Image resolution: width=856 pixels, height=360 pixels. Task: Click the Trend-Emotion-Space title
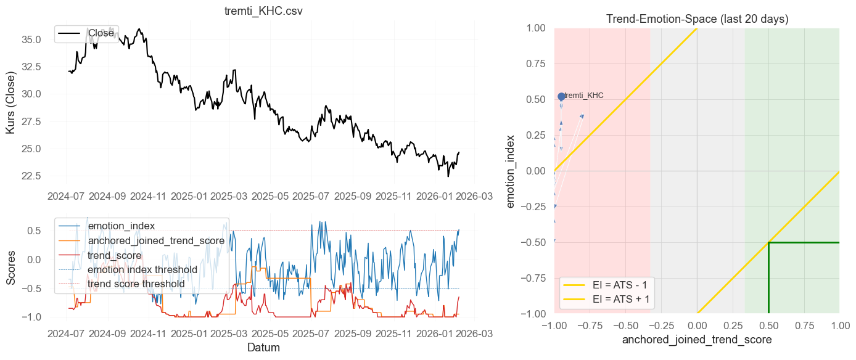point(697,19)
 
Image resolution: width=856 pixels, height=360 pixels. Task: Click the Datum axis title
point(263,348)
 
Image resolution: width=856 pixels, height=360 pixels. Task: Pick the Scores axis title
point(11,266)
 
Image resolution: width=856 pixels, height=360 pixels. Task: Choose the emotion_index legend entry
point(121,226)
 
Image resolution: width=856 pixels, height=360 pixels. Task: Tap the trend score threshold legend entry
point(136,284)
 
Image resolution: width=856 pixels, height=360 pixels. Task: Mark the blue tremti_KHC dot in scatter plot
point(561,97)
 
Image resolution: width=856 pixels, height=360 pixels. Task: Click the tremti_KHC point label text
point(583,96)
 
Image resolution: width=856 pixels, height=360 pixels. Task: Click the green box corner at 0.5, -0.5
point(768,242)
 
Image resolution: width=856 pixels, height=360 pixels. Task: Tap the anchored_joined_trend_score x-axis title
point(697,340)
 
